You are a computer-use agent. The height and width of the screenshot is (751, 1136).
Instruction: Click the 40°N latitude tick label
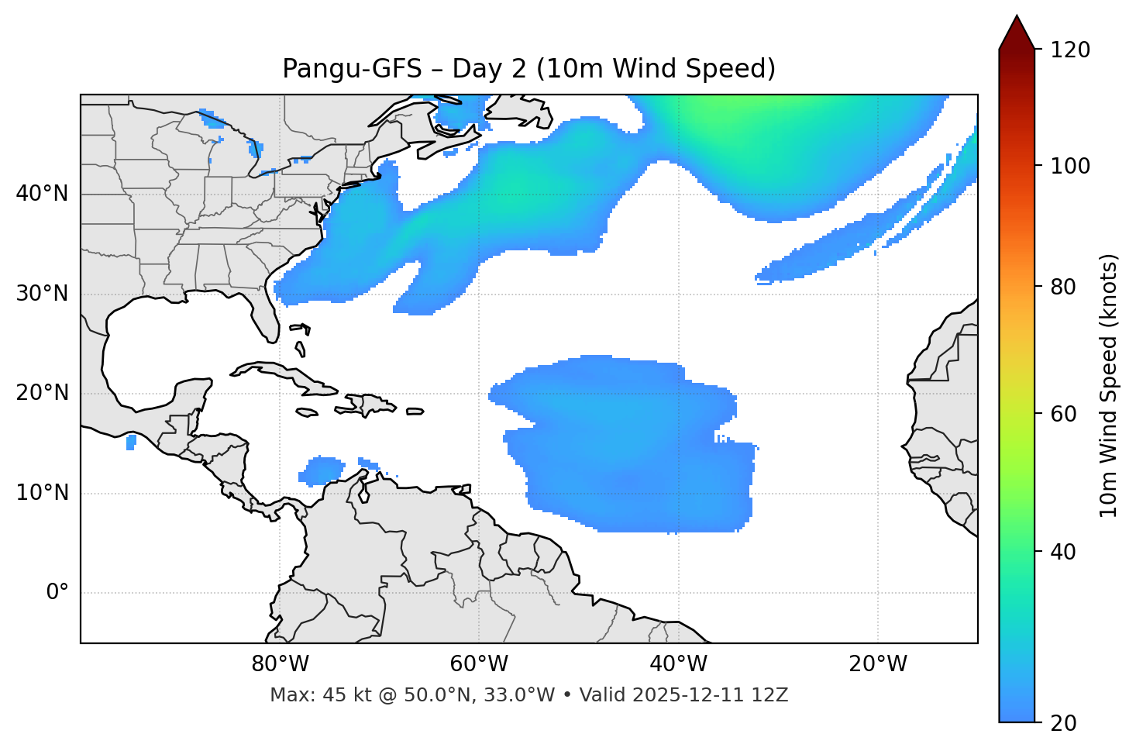tap(42, 194)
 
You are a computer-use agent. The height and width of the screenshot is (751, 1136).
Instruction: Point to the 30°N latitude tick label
tap(42, 294)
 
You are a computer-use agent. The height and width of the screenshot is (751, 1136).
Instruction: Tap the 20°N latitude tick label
tap(42, 393)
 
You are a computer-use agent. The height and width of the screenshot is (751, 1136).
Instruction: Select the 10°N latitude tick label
tap(42, 493)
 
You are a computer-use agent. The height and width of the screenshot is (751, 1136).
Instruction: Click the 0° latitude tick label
tap(57, 593)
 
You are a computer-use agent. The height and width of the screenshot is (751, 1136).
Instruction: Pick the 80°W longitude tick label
tap(280, 664)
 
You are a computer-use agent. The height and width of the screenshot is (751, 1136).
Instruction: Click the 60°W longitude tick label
tap(479, 664)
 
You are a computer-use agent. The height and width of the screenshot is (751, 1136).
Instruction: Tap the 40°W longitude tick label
tap(678, 664)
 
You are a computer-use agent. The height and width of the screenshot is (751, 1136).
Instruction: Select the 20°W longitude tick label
tap(878, 664)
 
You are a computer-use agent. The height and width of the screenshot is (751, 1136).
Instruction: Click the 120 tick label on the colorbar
tap(1069, 50)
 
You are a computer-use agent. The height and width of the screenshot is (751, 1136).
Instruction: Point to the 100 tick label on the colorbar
tap(1069, 166)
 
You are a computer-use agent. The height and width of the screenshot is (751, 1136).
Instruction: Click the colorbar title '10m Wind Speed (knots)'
tap(1109, 386)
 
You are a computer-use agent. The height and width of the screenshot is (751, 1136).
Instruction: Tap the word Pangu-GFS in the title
tap(352, 69)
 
